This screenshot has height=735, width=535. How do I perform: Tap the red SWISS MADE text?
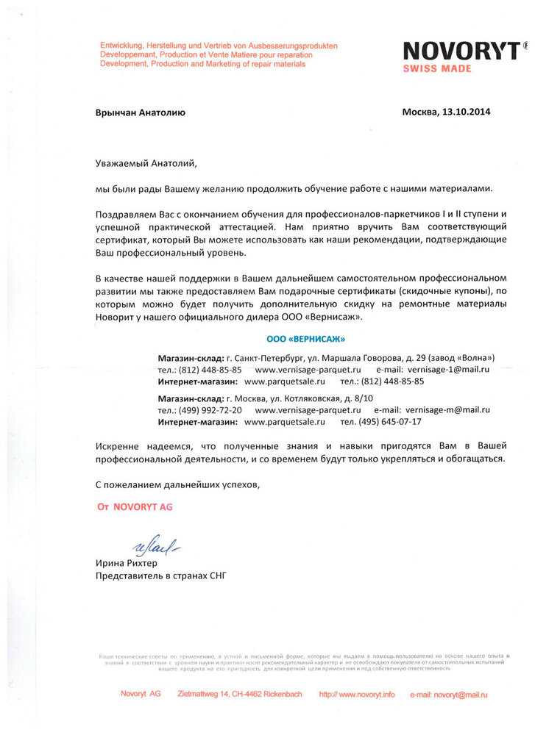point(437,68)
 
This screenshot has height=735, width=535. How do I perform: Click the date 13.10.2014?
point(466,112)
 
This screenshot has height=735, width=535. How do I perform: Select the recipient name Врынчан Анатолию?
point(140,112)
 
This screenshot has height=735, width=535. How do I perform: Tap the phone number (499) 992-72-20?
point(210,409)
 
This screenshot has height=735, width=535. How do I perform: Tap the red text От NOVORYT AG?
point(135,507)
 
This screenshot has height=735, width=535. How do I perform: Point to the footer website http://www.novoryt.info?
point(357,694)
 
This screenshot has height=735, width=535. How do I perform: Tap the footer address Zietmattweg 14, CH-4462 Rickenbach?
point(240,694)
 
